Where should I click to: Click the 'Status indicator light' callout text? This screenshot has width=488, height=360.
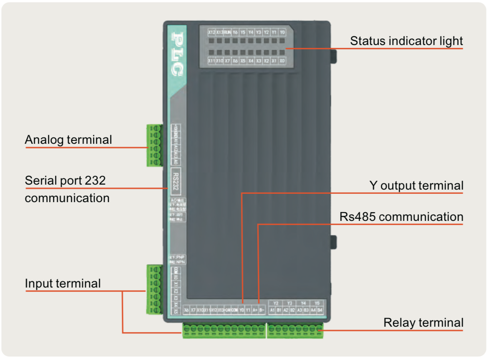point(406,41)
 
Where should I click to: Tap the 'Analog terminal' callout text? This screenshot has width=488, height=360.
point(68,140)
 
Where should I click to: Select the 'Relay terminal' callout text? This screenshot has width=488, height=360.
point(423,322)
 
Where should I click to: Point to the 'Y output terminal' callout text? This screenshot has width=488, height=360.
point(416,185)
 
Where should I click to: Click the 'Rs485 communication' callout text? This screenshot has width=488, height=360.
point(401,217)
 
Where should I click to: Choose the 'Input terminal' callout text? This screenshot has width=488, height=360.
point(63,283)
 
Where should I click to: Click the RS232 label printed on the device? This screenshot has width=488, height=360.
point(176,181)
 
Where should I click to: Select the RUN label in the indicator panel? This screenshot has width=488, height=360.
point(227,32)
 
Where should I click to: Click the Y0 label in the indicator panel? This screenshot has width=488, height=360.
point(282,32)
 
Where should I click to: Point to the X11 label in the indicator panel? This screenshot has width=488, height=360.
point(211,61)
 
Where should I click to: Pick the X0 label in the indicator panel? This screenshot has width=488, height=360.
point(282,61)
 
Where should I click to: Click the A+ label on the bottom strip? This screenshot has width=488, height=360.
point(255,310)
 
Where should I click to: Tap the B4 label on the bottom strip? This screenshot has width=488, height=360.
point(320,310)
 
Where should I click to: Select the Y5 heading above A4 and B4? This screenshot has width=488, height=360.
point(317,303)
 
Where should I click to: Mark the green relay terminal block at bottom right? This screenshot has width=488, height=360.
point(295,330)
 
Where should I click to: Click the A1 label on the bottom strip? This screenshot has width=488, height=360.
point(272,310)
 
